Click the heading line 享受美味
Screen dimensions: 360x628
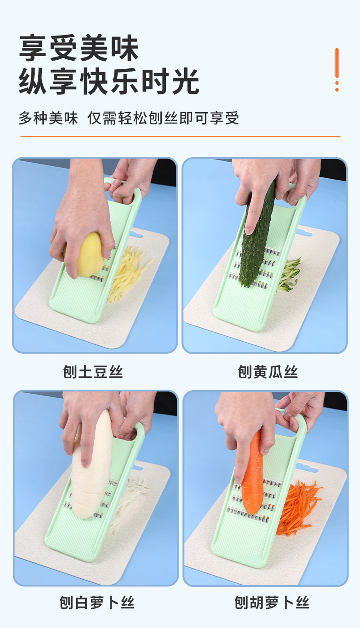click(x=79, y=48)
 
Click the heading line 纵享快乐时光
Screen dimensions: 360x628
click(x=109, y=81)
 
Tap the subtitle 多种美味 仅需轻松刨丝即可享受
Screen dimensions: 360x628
click(x=129, y=118)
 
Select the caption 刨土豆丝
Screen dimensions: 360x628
click(x=93, y=372)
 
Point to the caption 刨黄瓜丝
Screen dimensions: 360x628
click(x=268, y=372)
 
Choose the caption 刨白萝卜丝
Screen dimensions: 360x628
click(x=97, y=602)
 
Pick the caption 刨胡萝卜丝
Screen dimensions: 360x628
click(x=272, y=602)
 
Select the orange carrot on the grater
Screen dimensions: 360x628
click(x=252, y=477)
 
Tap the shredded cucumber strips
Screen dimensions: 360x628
click(x=289, y=275)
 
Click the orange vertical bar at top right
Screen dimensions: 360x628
click(x=337, y=63)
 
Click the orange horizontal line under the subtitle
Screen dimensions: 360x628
click(x=180, y=136)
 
